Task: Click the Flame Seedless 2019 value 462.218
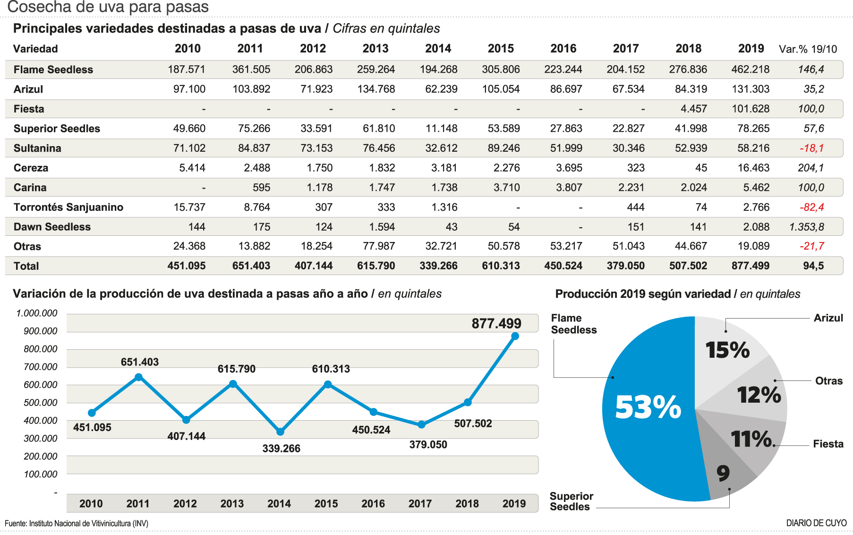tap(750, 69)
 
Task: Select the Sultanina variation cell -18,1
tap(811, 148)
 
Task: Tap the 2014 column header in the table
tap(438, 49)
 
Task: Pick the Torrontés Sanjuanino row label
tap(68, 207)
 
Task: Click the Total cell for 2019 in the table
tap(750, 266)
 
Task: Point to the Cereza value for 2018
tap(701, 168)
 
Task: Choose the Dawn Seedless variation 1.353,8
tap(806, 227)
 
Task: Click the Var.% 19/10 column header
tap(808, 49)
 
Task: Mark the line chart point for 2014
tap(280, 431)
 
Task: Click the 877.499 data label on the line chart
tap(496, 324)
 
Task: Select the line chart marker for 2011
tap(138, 377)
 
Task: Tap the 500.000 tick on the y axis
tap(41, 403)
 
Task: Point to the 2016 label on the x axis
tap(373, 504)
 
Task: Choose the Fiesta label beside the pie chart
tap(828, 444)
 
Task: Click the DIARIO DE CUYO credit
tap(816, 523)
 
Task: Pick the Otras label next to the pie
tap(828, 381)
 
